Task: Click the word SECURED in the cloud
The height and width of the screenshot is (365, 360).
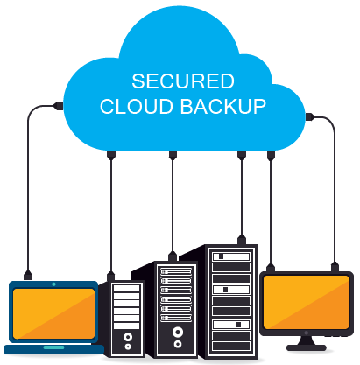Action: click(x=183, y=81)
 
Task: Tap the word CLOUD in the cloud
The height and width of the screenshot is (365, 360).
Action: click(x=137, y=106)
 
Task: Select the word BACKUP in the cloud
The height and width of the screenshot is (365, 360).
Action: click(x=222, y=106)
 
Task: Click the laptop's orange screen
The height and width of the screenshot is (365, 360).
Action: click(x=53, y=313)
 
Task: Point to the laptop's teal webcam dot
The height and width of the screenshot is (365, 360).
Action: click(x=53, y=284)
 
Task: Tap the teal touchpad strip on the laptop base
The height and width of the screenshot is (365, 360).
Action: click(x=53, y=347)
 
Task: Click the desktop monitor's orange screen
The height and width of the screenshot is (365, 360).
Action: click(x=307, y=302)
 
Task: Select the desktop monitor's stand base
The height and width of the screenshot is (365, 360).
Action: click(x=307, y=347)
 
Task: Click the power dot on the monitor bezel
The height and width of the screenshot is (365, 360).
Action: click(x=306, y=333)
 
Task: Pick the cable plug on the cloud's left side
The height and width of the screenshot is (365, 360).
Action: click(x=59, y=106)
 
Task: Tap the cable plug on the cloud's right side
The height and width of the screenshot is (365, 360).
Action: click(x=310, y=117)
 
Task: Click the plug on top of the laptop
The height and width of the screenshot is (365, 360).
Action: click(x=28, y=275)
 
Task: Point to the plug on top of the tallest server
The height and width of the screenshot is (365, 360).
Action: click(x=242, y=240)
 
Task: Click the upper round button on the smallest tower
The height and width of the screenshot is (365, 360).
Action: click(x=128, y=337)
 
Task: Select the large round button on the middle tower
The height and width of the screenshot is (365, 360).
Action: click(x=178, y=332)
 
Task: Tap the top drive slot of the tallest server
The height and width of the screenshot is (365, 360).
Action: click(x=231, y=256)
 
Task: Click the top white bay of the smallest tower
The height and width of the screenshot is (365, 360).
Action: click(x=126, y=288)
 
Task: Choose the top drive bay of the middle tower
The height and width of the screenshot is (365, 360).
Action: click(x=176, y=271)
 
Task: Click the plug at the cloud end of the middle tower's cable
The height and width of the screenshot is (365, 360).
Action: click(x=173, y=156)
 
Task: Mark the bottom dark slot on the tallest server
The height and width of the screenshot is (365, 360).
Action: click(x=231, y=347)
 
